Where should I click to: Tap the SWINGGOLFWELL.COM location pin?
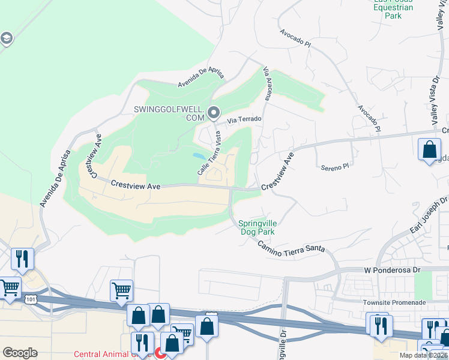pyautogui.click(x=214, y=112)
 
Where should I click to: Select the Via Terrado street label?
pyautogui.click(x=244, y=119)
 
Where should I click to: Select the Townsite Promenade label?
pyautogui.click(x=394, y=302)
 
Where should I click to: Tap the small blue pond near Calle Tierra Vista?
pyautogui.click(x=198, y=155)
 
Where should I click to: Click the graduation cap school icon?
pyautogui.click(x=6, y=40)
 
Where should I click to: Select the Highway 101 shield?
pyautogui.click(x=29, y=298)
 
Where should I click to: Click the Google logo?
pyautogui.click(x=20, y=353)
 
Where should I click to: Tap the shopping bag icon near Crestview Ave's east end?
pyautogui.click(x=430, y=149)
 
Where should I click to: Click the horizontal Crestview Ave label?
pyautogui.click(x=136, y=187)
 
